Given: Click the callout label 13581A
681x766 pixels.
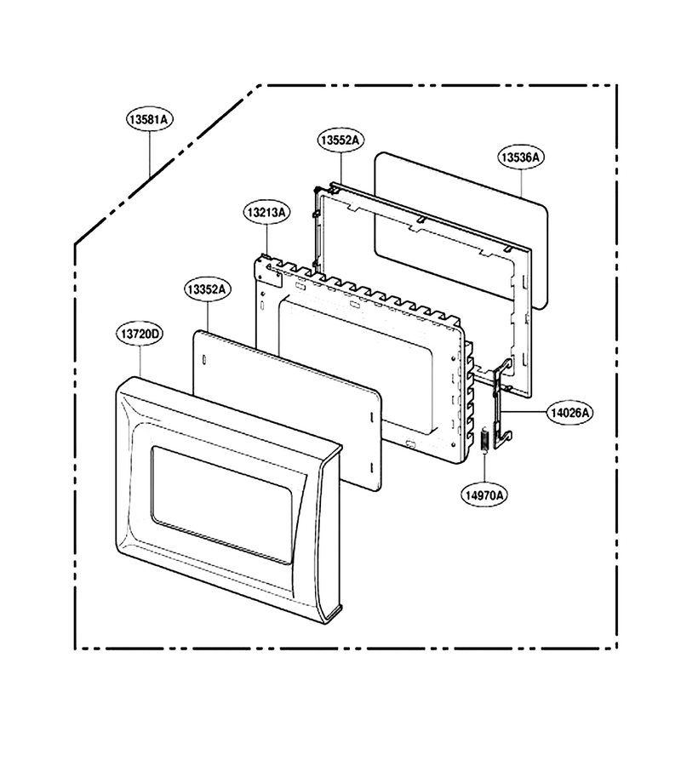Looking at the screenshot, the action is click(150, 119).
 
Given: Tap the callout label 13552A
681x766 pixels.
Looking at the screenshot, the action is click(340, 140).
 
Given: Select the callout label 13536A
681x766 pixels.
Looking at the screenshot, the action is click(521, 157).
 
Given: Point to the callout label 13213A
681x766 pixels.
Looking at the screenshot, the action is click(266, 213).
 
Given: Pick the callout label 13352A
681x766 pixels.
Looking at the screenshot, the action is click(208, 289).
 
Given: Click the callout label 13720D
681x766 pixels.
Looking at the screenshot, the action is click(140, 334).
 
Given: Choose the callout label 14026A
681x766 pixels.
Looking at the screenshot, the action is click(569, 413).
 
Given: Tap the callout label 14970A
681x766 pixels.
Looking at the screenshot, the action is click(484, 495).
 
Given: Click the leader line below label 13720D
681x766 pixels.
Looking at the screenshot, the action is click(140, 362).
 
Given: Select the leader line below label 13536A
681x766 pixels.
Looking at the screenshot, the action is click(521, 183).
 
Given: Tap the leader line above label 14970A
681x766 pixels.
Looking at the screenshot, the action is click(484, 469).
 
